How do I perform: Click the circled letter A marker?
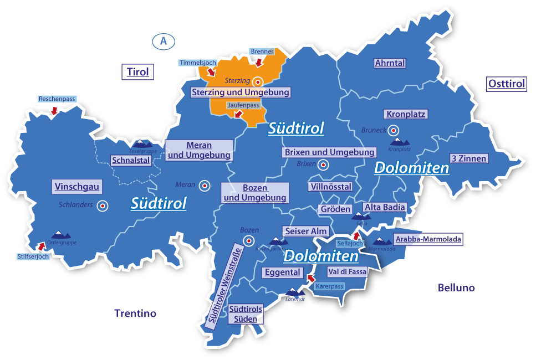coord(163,41)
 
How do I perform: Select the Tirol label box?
coord(138,72)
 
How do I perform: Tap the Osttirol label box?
coord(507,84)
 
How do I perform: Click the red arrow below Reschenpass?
coord(54,111)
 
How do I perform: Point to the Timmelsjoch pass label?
coord(197,63)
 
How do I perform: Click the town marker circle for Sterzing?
coord(257,81)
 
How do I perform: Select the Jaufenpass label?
coord(243,105)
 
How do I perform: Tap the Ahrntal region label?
coord(390,63)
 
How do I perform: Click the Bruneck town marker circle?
coord(393,131)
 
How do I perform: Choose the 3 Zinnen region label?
coord(468,158)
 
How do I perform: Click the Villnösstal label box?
coord(330,187)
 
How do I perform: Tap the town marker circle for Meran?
coord(205,186)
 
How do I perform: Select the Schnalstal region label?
coord(131,161)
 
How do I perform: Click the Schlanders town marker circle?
coord(102,206)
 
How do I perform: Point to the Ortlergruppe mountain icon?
coord(61,235)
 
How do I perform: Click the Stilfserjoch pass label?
coord(33,256)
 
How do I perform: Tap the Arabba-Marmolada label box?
coord(427,239)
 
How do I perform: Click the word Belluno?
coord(456,288)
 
